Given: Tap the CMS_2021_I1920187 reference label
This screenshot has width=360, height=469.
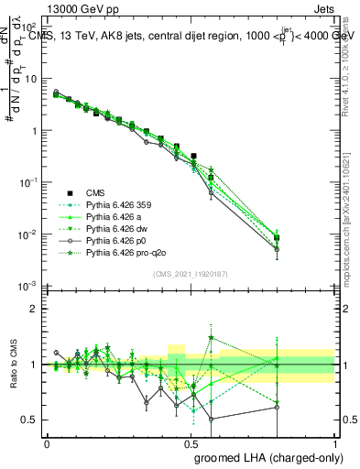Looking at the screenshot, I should tap(192, 274).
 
